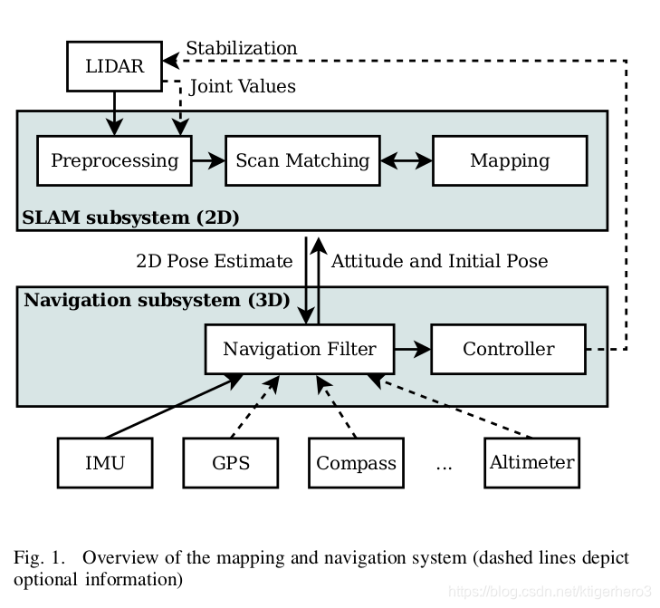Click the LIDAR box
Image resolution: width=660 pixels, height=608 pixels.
114,66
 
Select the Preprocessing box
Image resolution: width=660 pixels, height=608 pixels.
114,160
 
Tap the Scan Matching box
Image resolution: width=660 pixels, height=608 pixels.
302,160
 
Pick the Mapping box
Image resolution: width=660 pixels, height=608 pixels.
510,160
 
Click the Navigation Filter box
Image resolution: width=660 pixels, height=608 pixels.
300,349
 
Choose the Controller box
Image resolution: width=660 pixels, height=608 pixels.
509,349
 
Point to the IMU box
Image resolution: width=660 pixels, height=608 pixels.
105,463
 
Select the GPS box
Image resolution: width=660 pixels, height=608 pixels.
231,463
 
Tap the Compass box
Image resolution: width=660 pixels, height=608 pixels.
356,463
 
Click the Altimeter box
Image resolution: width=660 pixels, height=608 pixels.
532,463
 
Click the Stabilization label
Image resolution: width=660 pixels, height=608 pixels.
242,48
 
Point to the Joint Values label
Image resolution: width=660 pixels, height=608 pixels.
243,86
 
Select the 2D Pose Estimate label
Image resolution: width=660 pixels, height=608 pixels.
215,261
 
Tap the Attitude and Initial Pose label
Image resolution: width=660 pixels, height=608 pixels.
439,261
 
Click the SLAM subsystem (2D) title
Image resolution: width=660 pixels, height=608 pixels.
130,217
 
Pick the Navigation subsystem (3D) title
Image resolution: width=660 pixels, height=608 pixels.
157,300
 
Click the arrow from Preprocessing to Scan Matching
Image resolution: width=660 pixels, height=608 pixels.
208,160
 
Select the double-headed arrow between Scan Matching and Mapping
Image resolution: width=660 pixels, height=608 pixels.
407,160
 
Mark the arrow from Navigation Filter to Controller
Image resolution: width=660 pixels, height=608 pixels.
413,349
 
